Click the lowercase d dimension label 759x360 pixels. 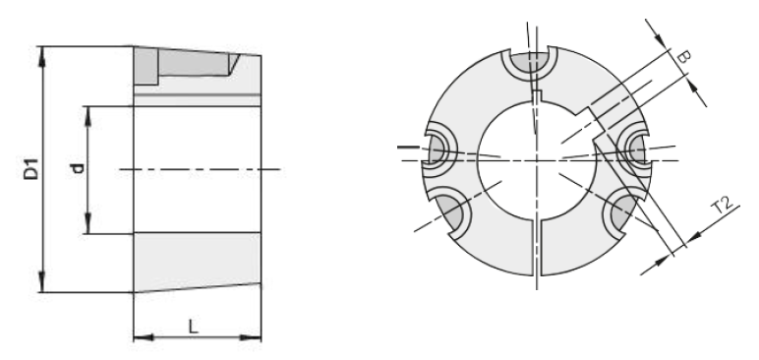pos(78,168)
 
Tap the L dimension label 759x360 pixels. pos(193,328)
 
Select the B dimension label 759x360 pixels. pos(683,56)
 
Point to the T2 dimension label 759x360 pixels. pos(723,206)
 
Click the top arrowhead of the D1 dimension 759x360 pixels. pos(42,55)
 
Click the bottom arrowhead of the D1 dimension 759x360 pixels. pos(42,283)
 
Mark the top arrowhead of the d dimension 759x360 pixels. pos(88,115)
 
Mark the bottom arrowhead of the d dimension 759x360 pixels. pos(88,224)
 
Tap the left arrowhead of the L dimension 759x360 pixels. pos(143,337)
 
